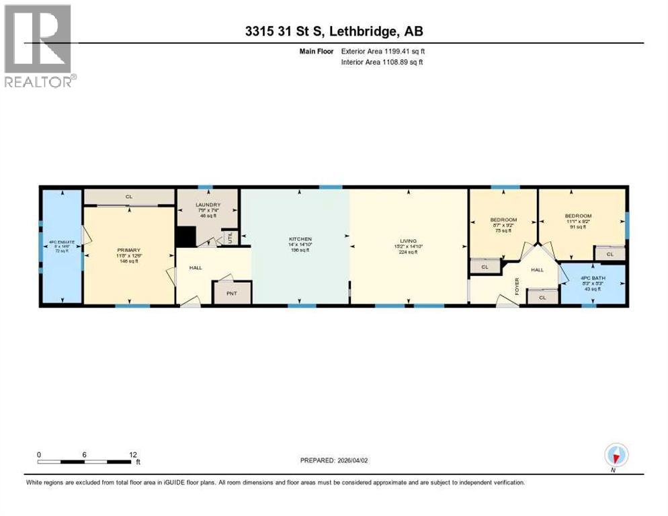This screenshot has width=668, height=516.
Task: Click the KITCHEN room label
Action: (296, 240)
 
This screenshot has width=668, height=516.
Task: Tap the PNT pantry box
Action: (232, 293)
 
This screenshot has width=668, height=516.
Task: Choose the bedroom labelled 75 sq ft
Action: (503, 220)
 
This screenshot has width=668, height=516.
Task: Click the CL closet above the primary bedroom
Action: (128, 197)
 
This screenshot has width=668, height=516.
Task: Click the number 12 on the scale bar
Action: (133, 454)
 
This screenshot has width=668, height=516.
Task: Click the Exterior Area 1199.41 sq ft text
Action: (383, 51)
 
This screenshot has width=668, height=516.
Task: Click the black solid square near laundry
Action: (185, 237)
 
